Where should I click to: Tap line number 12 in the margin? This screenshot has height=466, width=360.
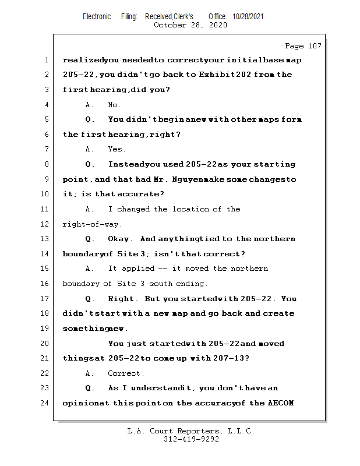pyautogui.click(x=46, y=224)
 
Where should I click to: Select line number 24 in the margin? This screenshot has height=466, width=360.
pyautogui.click(x=46, y=403)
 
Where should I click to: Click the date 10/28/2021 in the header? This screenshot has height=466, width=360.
pyautogui.click(x=248, y=17)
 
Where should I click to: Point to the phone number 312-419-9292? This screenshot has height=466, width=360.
pyautogui.click(x=192, y=440)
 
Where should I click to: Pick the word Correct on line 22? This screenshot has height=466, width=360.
pyautogui.click(x=126, y=373)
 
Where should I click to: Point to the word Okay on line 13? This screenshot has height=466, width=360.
pyautogui.click(x=121, y=239)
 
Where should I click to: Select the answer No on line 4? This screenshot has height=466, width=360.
pyautogui.click(x=114, y=105)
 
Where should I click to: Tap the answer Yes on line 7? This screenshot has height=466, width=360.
pyautogui.click(x=117, y=150)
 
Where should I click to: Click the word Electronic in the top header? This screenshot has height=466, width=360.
pyautogui.click(x=97, y=17)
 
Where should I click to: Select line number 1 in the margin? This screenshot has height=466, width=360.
pyautogui.click(x=46, y=61)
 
